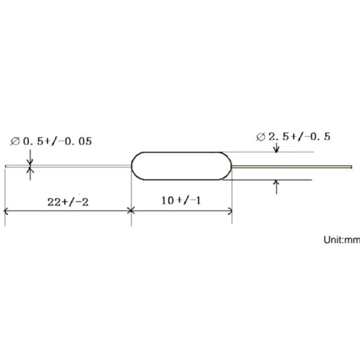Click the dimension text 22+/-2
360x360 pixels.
67,202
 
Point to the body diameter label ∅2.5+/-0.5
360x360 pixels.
293,137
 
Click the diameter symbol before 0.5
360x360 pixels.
15,142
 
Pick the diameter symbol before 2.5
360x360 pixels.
260,137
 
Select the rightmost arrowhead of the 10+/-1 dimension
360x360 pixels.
230,211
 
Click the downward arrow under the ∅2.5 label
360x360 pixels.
277,148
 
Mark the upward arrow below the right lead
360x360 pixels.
277,182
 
